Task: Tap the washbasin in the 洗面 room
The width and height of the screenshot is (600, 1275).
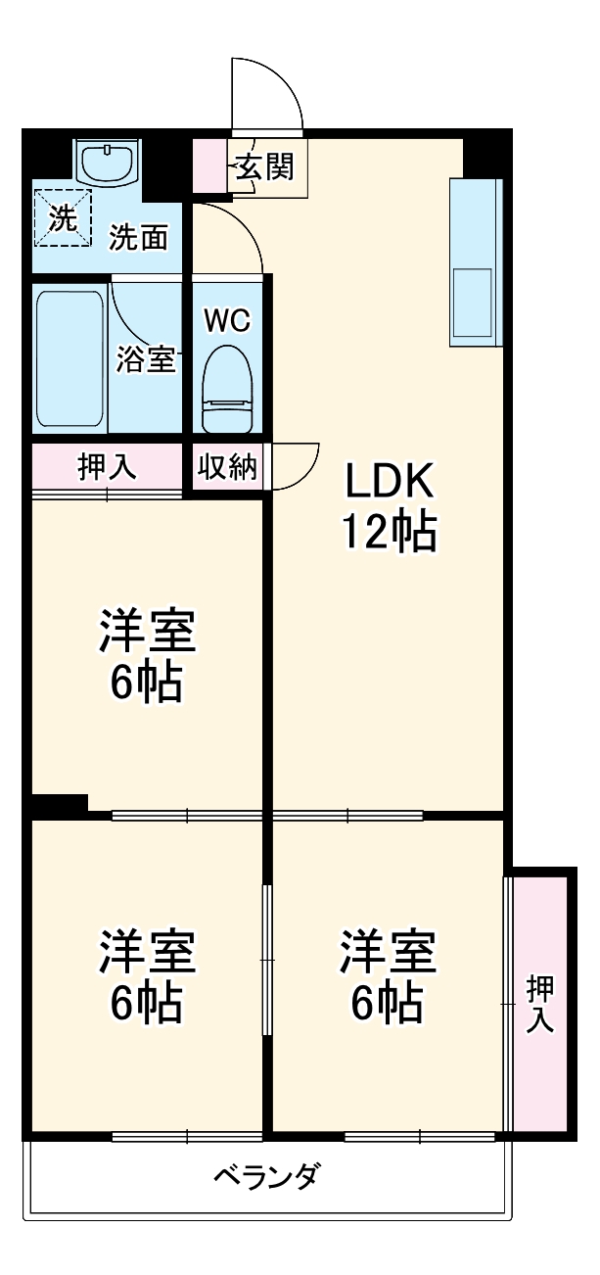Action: click(x=107, y=162)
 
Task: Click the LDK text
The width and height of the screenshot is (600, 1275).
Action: click(x=388, y=482)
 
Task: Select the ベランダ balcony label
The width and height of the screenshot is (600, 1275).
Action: click(x=265, y=1175)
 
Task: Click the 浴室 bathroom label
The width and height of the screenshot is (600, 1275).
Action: click(x=146, y=359)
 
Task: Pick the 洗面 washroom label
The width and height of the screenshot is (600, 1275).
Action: click(x=138, y=237)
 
